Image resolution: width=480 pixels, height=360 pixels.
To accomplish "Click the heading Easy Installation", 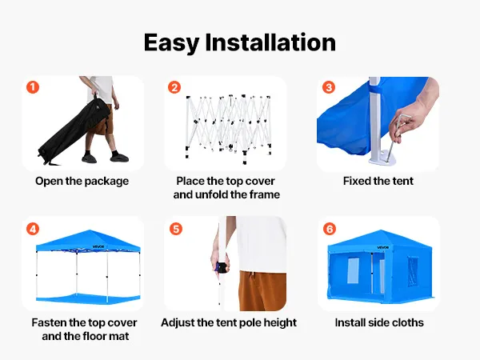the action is coord(240,42).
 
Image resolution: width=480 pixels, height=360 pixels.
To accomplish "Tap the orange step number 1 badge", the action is coord(33,87).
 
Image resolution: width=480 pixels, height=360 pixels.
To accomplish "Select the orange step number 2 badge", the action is coord(174,87).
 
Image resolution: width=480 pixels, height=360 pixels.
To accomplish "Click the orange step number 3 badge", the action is coord(329,87).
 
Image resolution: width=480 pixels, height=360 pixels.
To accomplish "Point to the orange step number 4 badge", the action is coord(33,229).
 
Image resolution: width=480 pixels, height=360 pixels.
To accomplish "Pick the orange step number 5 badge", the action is coord(176,229).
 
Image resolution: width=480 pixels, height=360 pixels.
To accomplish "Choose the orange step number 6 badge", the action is coord(330,229).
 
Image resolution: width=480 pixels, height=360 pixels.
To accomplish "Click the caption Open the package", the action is coord(82,182).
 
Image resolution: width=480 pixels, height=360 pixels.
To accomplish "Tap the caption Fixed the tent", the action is coord(378,181).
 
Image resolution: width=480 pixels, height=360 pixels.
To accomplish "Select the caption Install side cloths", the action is coord(379,322).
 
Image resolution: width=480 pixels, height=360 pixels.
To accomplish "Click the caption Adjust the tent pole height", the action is coord(229,323).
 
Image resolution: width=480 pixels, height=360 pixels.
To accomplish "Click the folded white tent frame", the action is coord(229,128).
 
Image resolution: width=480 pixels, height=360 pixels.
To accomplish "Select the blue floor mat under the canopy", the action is coord(88,297).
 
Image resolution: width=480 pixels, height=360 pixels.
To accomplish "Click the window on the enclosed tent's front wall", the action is coord(353,270).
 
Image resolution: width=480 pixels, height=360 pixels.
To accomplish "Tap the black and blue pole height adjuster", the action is coord(222,267).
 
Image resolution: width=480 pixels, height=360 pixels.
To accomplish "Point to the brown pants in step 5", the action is coord(262,290).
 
